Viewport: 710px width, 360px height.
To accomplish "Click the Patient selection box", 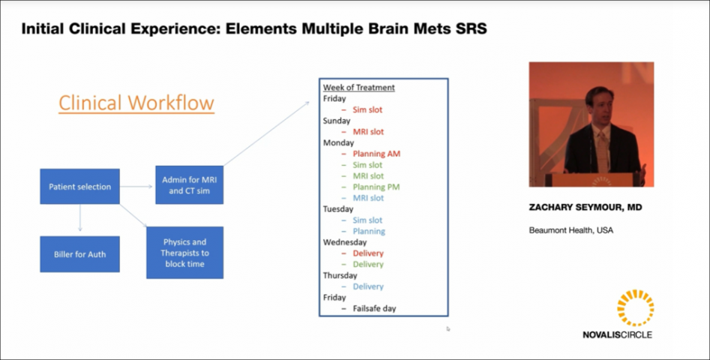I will point(79,186).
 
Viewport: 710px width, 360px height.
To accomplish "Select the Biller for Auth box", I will point(79,254).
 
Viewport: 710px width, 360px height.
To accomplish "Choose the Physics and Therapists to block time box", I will point(184,253).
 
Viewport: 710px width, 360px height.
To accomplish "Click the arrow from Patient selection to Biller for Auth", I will point(79,219).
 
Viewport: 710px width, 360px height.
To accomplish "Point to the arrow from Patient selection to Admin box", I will point(136,186).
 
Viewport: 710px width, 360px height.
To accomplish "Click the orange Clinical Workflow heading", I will point(136,102).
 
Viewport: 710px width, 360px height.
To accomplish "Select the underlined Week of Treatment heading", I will point(358,88).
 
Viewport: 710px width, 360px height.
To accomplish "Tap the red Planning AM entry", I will point(376,154).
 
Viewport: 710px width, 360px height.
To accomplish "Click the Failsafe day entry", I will point(374,308).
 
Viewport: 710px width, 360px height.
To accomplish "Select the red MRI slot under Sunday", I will point(368,132).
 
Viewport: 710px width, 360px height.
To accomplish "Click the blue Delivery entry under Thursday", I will point(368,286).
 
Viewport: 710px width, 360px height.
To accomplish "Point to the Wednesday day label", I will point(345,242).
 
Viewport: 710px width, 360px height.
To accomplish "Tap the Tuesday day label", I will point(340,209).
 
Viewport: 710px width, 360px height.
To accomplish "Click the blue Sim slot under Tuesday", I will point(367,220).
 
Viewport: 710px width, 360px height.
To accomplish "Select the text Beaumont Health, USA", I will point(571,230).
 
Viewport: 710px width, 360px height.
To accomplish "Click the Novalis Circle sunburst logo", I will point(635,307).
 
